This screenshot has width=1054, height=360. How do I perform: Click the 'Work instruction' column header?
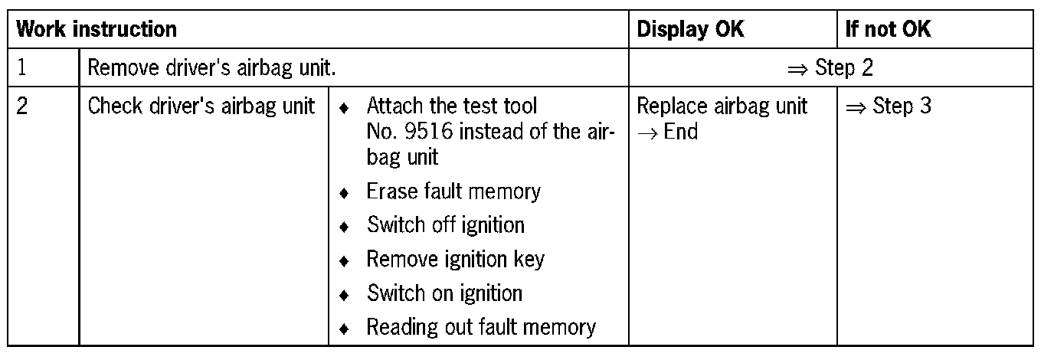click(x=97, y=30)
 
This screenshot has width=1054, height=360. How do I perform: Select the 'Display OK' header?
click(x=690, y=30)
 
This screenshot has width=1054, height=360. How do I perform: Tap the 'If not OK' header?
click(x=888, y=30)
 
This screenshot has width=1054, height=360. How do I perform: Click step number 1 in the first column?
click(x=22, y=68)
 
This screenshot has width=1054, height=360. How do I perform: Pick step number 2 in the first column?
click(x=22, y=106)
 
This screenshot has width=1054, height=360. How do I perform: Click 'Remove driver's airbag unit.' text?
click(x=211, y=68)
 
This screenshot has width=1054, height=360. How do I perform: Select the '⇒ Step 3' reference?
click(x=888, y=106)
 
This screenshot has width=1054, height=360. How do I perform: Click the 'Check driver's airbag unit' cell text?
click(x=201, y=106)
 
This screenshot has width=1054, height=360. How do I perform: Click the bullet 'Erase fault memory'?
click(x=453, y=191)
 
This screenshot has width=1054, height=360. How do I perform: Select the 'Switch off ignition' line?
click(x=445, y=225)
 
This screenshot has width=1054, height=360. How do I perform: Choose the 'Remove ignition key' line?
click(x=455, y=259)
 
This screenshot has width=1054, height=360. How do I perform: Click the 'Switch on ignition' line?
click(x=444, y=293)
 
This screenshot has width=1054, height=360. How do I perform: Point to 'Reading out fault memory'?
click(x=480, y=328)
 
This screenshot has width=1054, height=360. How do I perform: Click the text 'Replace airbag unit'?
click(x=722, y=106)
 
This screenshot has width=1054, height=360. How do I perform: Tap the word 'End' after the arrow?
click(x=681, y=132)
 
